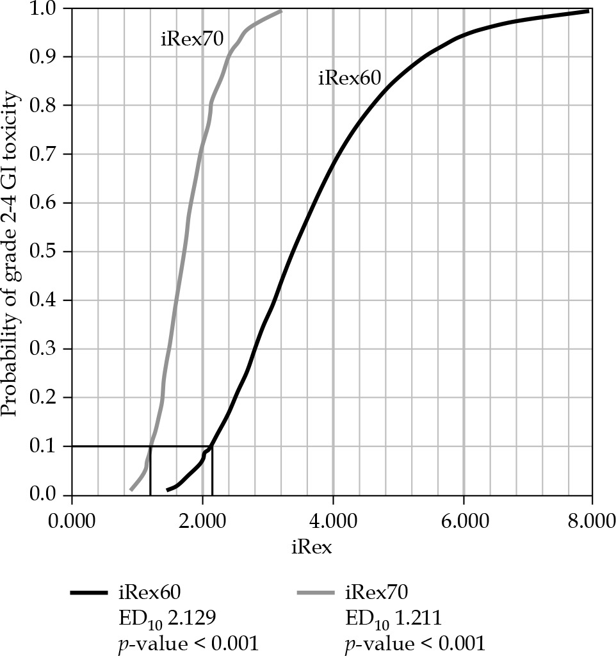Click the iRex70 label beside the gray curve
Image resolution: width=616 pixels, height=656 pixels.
coord(191,40)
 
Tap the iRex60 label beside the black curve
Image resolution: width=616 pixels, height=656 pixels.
coord(350,79)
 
